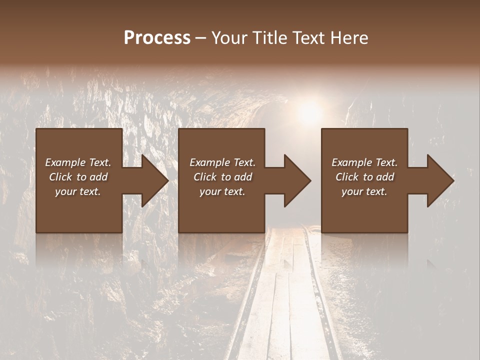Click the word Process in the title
157,38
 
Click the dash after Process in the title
201,39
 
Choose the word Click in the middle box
205,177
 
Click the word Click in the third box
347,177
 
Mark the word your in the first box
65,191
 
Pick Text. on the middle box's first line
243,162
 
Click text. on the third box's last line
375,191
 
